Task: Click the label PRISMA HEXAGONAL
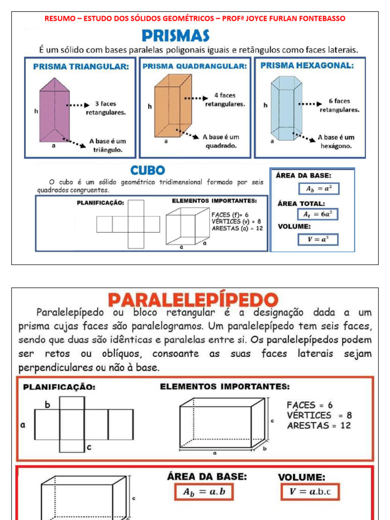(307, 66)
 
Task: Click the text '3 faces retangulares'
(105, 108)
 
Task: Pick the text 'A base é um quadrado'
(220, 141)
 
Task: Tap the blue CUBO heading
(148, 170)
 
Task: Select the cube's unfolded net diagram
(128, 224)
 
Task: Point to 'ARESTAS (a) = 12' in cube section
(237, 229)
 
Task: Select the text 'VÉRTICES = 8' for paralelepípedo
(319, 415)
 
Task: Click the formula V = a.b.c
(309, 492)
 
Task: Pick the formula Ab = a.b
(204, 492)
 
